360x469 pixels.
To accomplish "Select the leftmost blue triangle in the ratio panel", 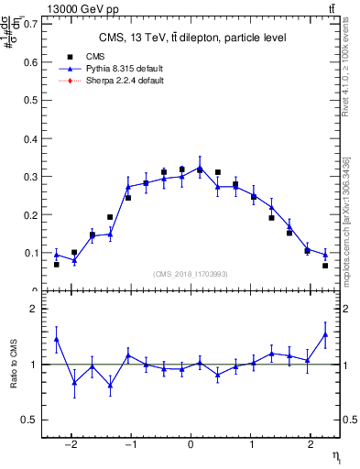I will point(57,339).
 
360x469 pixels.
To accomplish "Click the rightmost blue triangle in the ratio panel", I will point(325,334).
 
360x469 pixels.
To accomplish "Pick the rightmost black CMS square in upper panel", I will point(325,266).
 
